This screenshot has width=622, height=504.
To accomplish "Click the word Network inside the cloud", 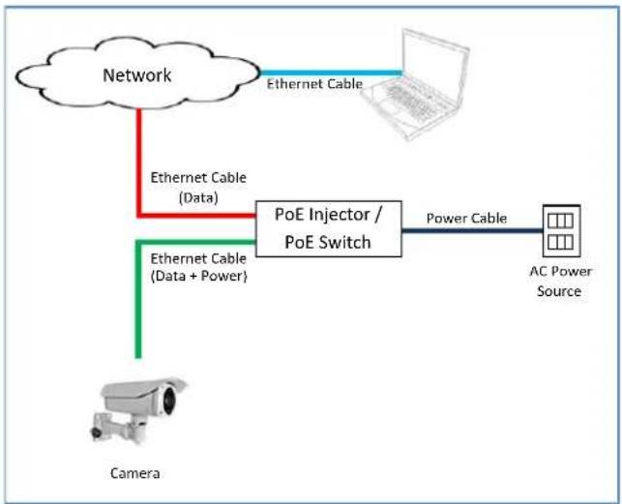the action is (137, 75).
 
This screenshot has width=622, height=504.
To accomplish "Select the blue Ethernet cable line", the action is (331, 73).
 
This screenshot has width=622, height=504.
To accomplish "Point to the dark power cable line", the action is (472, 230).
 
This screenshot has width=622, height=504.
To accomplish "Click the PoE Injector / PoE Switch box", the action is (329, 228).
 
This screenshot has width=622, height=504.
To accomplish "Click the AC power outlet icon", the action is (561, 230).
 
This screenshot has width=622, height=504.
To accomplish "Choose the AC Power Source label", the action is (560, 281).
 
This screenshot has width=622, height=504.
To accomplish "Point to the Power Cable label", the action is (466, 219).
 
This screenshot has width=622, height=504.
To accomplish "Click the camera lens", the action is (169, 398).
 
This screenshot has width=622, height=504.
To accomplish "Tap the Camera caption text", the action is (135, 473).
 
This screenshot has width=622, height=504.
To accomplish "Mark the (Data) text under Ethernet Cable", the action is (198, 197).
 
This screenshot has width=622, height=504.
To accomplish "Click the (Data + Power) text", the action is (198, 277).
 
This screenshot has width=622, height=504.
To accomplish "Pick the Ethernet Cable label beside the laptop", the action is (314, 84).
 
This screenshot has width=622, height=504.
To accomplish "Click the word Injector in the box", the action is (340, 215).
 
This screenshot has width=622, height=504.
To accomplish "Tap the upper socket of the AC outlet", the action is (560, 221).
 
